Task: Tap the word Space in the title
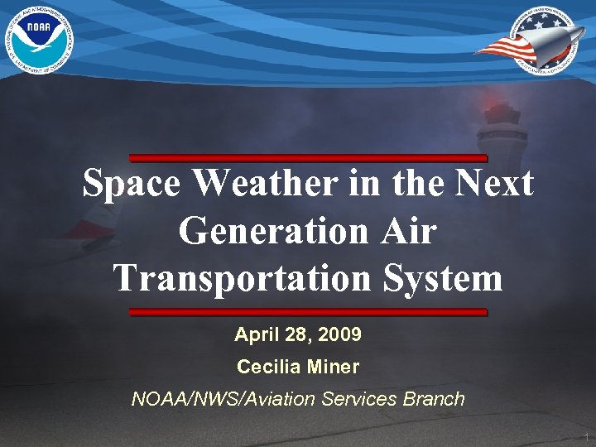click(132, 183)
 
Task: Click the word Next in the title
click(494, 183)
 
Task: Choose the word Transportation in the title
click(243, 278)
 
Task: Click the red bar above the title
click(308, 157)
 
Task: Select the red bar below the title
click(308, 312)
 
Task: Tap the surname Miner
click(336, 366)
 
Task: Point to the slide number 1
click(584, 436)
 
